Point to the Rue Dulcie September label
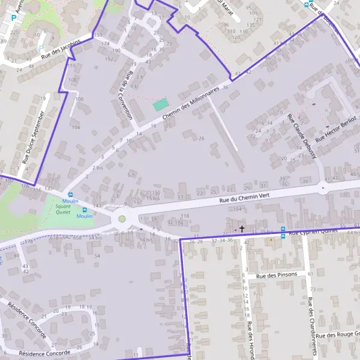[x=34, y=137]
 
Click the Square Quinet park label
[x=62, y=209]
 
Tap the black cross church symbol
[x=242, y=229]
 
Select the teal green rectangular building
[x=160, y=104]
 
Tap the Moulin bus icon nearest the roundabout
[x=85, y=210]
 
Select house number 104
[x=76, y=127]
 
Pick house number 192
[x=109, y=59]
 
